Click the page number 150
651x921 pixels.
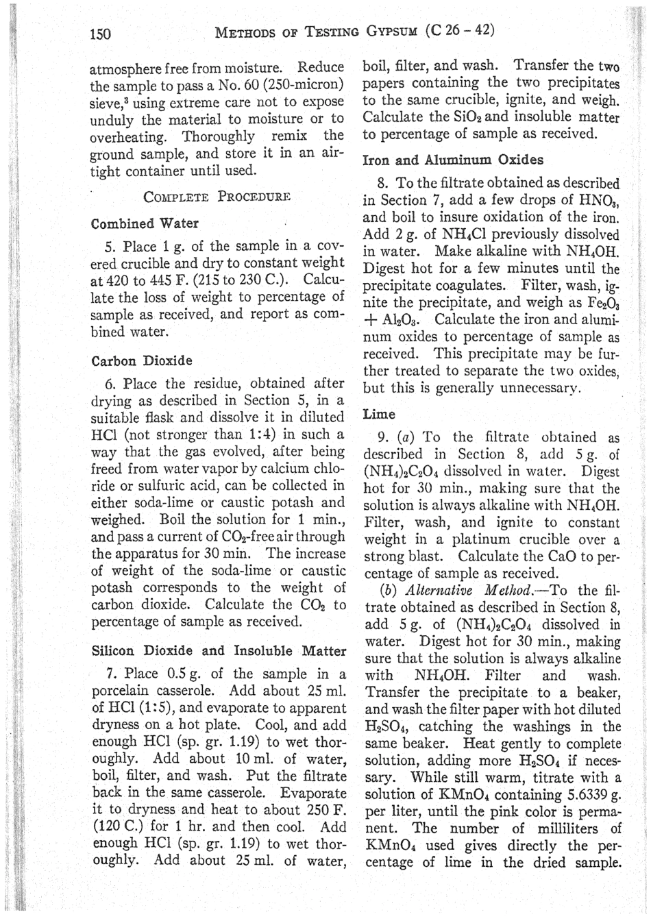point(101,34)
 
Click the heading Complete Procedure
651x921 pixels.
point(217,197)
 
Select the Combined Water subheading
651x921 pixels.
point(145,223)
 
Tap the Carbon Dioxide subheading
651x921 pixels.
point(141,361)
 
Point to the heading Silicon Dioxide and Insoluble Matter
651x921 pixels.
point(217,651)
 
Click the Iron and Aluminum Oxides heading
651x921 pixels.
point(452,160)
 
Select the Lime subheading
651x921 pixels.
point(378,414)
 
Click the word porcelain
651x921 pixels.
point(121,690)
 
